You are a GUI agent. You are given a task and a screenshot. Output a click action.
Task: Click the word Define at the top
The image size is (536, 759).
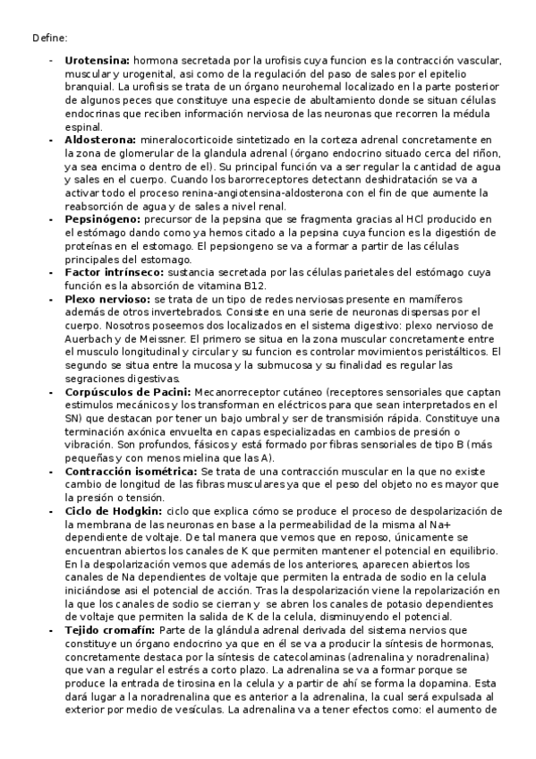48,37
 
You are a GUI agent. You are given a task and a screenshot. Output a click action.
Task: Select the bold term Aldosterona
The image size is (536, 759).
100,140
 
